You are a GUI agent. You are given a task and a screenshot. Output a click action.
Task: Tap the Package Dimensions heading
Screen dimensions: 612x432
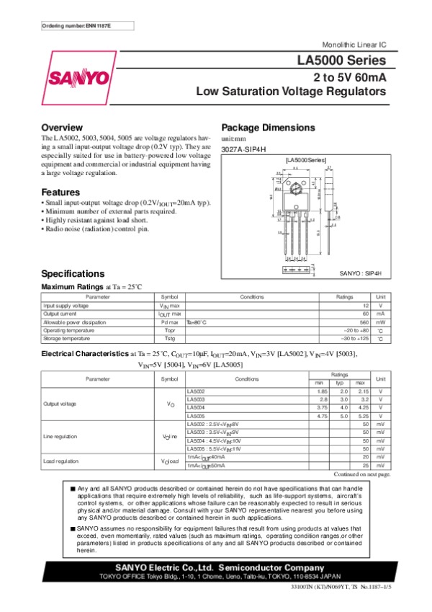pyautogui.click(x=268, y=127)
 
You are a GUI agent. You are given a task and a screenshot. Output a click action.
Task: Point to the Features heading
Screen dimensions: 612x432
pyautogui.click(x=60, y=192)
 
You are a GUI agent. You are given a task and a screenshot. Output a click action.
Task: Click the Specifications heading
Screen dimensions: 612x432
pyautogui.click(x=73, y=274)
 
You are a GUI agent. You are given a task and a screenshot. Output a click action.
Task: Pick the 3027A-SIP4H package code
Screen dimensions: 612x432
pyautogui.click(x=243, y=148)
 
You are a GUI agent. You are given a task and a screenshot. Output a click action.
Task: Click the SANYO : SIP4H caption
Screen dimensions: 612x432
pyautogui.click(x=360, y=275)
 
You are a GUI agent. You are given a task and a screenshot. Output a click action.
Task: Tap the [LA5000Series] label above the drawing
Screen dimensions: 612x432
pyautogui.click(x=306, y=158)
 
